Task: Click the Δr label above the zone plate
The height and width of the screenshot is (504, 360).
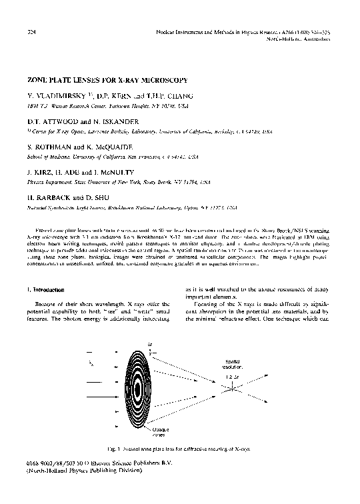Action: pos(150,344)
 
